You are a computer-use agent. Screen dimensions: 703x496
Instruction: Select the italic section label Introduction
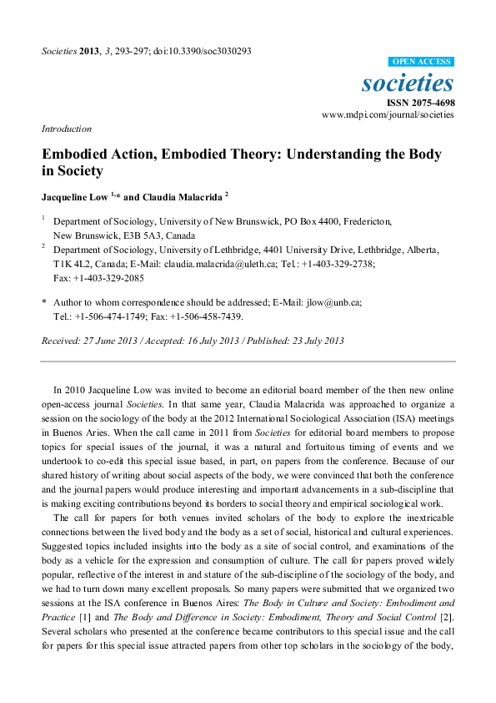click(x=66, y=129)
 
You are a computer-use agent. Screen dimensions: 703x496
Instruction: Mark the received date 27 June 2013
click(x=109, y=341)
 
